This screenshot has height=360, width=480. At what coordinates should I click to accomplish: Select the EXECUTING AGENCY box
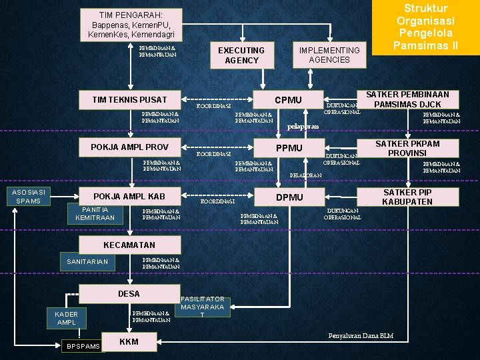(x=241, y=55)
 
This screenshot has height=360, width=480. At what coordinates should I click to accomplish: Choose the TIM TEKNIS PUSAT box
(x=129, y=100)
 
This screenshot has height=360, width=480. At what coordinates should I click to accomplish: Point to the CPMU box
(x=289, y=101)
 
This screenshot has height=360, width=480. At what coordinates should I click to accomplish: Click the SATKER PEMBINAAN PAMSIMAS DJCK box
(x=407, y=99)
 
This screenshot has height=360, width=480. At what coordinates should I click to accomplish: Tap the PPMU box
(x=289, y=148)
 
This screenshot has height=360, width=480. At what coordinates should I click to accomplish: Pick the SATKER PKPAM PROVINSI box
(x=407, y=148)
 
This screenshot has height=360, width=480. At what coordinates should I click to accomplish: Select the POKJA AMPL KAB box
(x=129, y=197)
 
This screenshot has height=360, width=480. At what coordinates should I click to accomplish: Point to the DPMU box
(x=289, y=197)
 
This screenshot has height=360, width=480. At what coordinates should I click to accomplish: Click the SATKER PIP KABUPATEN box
(x=407, y=197)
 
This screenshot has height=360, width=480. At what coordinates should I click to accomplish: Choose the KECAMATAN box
(x=129, y=245)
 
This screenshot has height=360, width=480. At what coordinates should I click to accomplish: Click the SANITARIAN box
(x=87, y=262)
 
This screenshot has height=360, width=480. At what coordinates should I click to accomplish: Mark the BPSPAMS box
(x=83, y=346)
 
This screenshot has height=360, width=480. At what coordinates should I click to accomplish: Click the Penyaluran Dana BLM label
(x=361, y=335)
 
